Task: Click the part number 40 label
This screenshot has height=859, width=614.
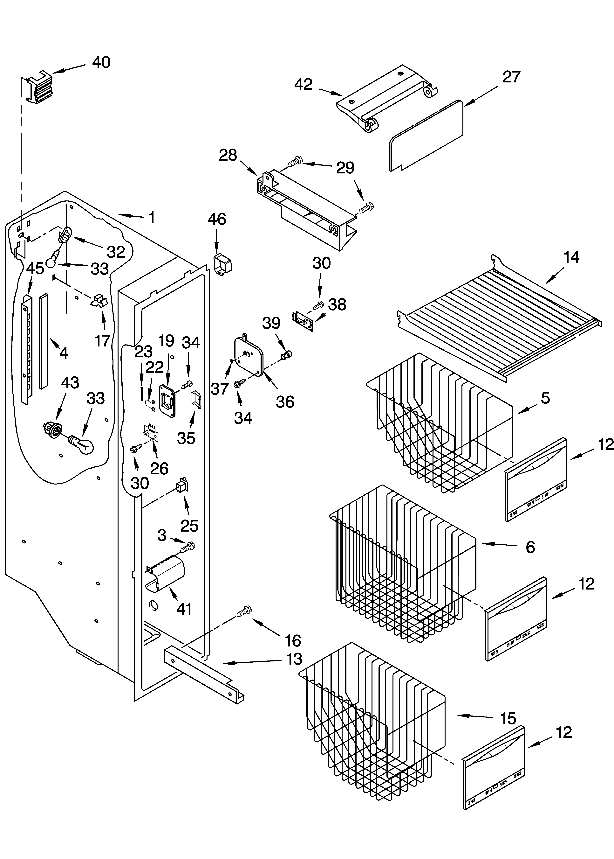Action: [101, 62]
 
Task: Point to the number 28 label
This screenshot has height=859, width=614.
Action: [228, 155]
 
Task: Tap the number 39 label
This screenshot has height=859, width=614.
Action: [271, 323]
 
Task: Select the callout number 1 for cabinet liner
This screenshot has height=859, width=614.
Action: [152, 218]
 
